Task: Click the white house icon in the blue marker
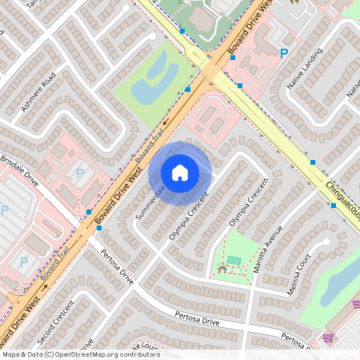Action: tap(180, 172)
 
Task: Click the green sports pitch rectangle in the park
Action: tap(234, 260)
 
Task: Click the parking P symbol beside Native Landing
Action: tap(284, 54)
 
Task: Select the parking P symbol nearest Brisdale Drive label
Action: tap(79, 172)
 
